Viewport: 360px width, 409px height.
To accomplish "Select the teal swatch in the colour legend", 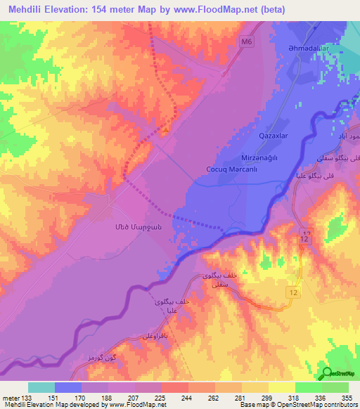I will (41, 387).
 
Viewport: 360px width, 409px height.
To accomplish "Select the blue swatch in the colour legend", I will (68, 387).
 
